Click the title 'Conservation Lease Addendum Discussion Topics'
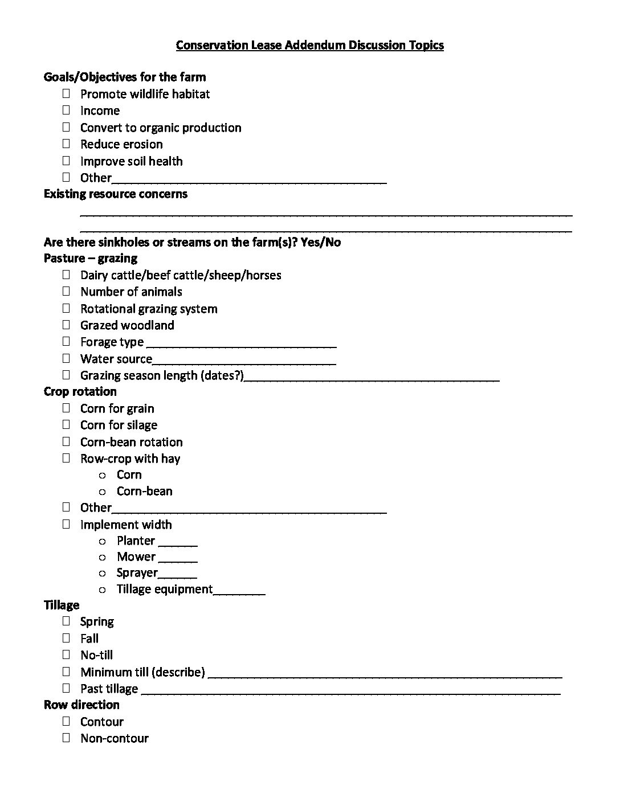coord(309,45)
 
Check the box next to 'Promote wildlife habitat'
coord(67,93)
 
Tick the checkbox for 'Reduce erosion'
coord(67,144)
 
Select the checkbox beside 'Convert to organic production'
coord(67,127)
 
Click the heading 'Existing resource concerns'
coord(115,194)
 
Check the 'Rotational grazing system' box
coord(67,308)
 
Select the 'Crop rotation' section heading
coord(80,391)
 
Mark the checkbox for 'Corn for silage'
coord(67,424)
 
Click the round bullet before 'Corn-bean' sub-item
coord(103,492)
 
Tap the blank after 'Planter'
coord(178,543)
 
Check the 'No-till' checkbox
coord(67,654)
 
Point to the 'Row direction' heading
coord(81,705)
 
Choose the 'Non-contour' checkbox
coord(67,738)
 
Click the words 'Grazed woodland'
coord(127,325)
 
